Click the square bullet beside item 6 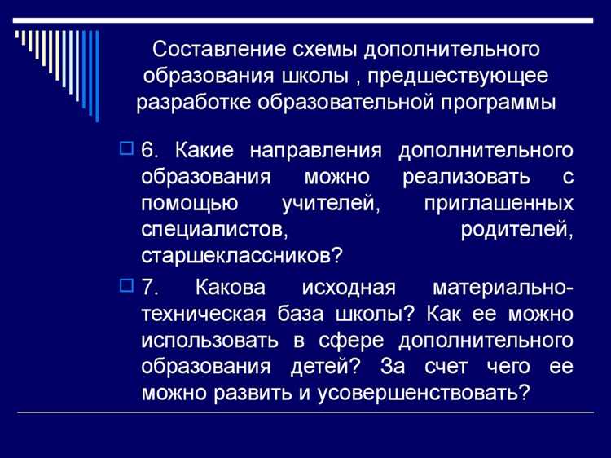[x=126, y=148]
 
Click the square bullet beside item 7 [x=126, y=286]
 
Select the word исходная [x=348, y=288]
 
